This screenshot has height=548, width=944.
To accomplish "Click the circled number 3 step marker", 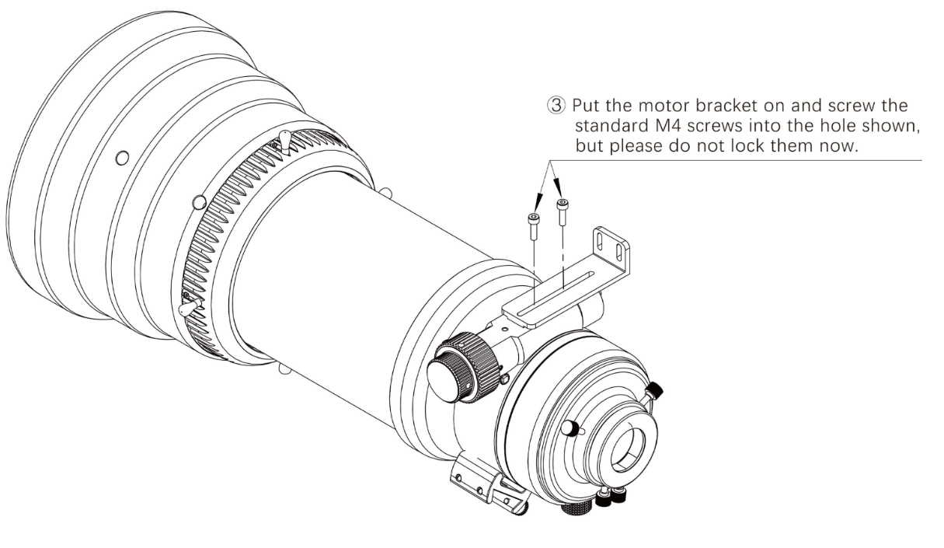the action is tap(556, 105).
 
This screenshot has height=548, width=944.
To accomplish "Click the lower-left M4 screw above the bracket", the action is tap(534, 226).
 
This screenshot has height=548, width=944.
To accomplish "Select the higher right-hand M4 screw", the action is tap(563, 212).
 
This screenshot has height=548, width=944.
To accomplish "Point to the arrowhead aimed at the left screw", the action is tap(538, 201).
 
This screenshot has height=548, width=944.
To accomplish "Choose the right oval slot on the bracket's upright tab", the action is tap(618, 252).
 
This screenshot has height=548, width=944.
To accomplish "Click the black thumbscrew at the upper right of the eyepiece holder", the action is tap(654, 390).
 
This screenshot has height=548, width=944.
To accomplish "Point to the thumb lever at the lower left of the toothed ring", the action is tap(189, 306).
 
